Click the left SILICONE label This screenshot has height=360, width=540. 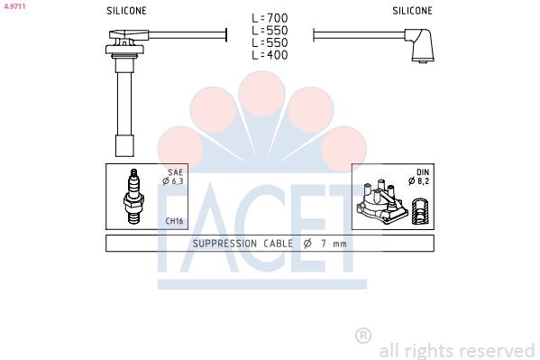(127, 11)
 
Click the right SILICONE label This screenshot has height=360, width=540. (412, 11)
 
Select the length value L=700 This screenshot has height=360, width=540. (270, 17)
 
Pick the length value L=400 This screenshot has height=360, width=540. (270, 55)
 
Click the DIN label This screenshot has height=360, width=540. (421, 171)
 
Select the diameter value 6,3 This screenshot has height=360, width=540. (176, 181)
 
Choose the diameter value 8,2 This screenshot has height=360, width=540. (421, 181)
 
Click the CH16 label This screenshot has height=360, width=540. (174, 221)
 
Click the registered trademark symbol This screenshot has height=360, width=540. (363, 336)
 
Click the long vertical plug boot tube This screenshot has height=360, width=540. (123, 104)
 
